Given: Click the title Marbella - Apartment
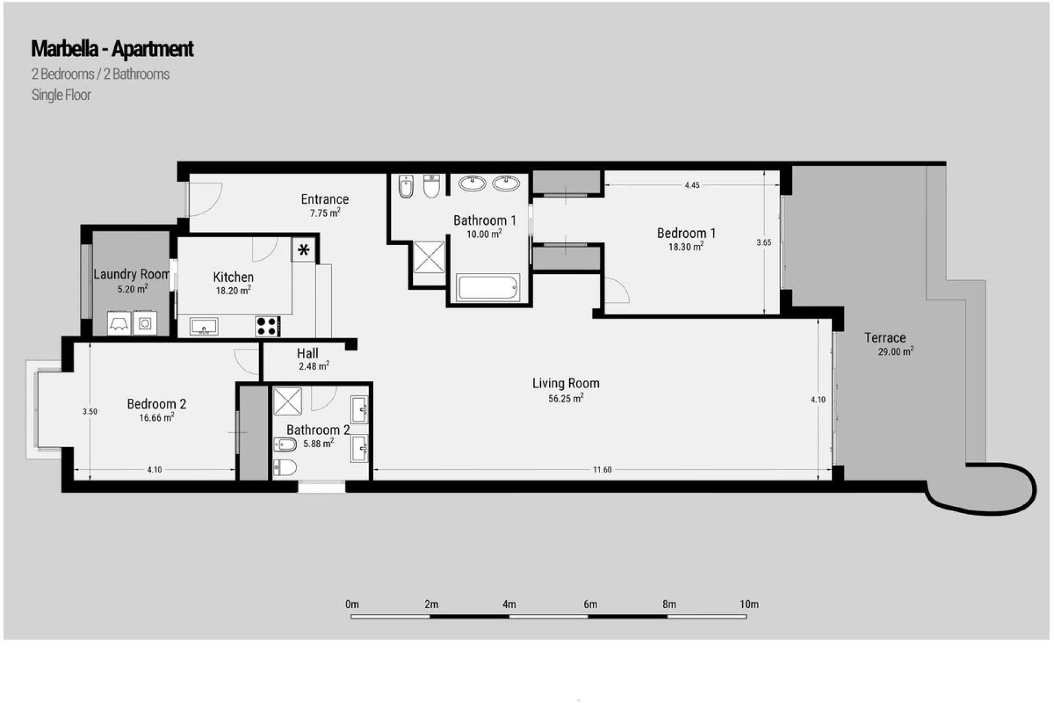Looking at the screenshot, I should click(112, 49).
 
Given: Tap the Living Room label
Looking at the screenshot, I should click(565, 383).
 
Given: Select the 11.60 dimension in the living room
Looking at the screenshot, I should click(602, 470).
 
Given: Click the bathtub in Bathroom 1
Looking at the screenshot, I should click(487, 288).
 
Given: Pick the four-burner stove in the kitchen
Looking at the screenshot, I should click(267, 326).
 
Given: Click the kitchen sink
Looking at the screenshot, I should click(204, 326).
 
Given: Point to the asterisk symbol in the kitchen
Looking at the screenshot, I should click(304, 251).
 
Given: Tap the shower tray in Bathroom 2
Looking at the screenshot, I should click(288, 401).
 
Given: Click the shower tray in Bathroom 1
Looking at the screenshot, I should click(429, 256).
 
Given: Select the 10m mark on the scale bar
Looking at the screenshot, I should click(749, 605).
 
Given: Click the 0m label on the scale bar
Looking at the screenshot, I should click(352, 605).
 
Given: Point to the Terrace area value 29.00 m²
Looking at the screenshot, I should click(895, 351).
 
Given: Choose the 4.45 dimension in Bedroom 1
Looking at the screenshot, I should click(692, 185).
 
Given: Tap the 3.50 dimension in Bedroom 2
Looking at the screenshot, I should click(89, 411).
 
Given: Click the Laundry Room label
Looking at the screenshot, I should click(131, 274).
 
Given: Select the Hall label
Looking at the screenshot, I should click(307, 353).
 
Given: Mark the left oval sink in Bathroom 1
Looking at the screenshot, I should click(472, 183).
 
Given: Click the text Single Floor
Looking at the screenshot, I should click(61, 95).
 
